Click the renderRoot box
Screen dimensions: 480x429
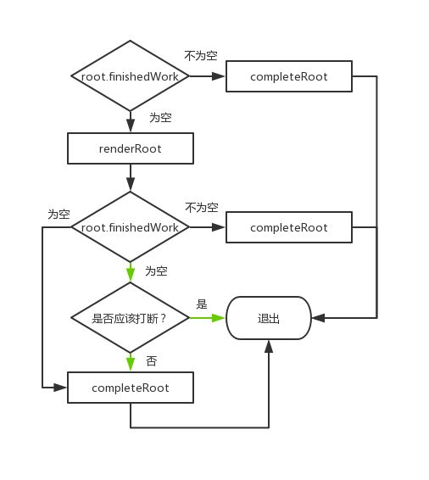[130, 150]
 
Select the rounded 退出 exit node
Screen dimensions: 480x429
[268, 319]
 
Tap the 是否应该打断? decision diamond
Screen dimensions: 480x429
[130, 319]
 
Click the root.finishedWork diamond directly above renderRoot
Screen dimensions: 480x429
[130, 76]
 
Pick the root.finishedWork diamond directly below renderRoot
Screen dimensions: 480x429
[130, 227]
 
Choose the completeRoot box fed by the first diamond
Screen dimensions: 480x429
[288, 76]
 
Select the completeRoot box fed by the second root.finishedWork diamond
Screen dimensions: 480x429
[288, 227]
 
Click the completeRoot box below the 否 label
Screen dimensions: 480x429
[130, 388]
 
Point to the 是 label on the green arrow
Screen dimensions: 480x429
[202, 304]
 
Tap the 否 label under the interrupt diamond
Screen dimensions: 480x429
[151, 361]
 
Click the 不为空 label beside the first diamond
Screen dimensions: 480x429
[201, 56]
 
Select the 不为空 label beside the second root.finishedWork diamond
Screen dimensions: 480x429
[201, 207]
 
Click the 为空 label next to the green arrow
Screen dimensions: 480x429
[156, 271]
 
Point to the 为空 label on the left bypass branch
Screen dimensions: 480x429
[58, 215]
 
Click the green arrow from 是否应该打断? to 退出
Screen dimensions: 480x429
[208, 319]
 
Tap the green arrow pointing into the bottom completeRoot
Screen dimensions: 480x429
[130, 363]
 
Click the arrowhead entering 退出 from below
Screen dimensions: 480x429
[268, 346]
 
